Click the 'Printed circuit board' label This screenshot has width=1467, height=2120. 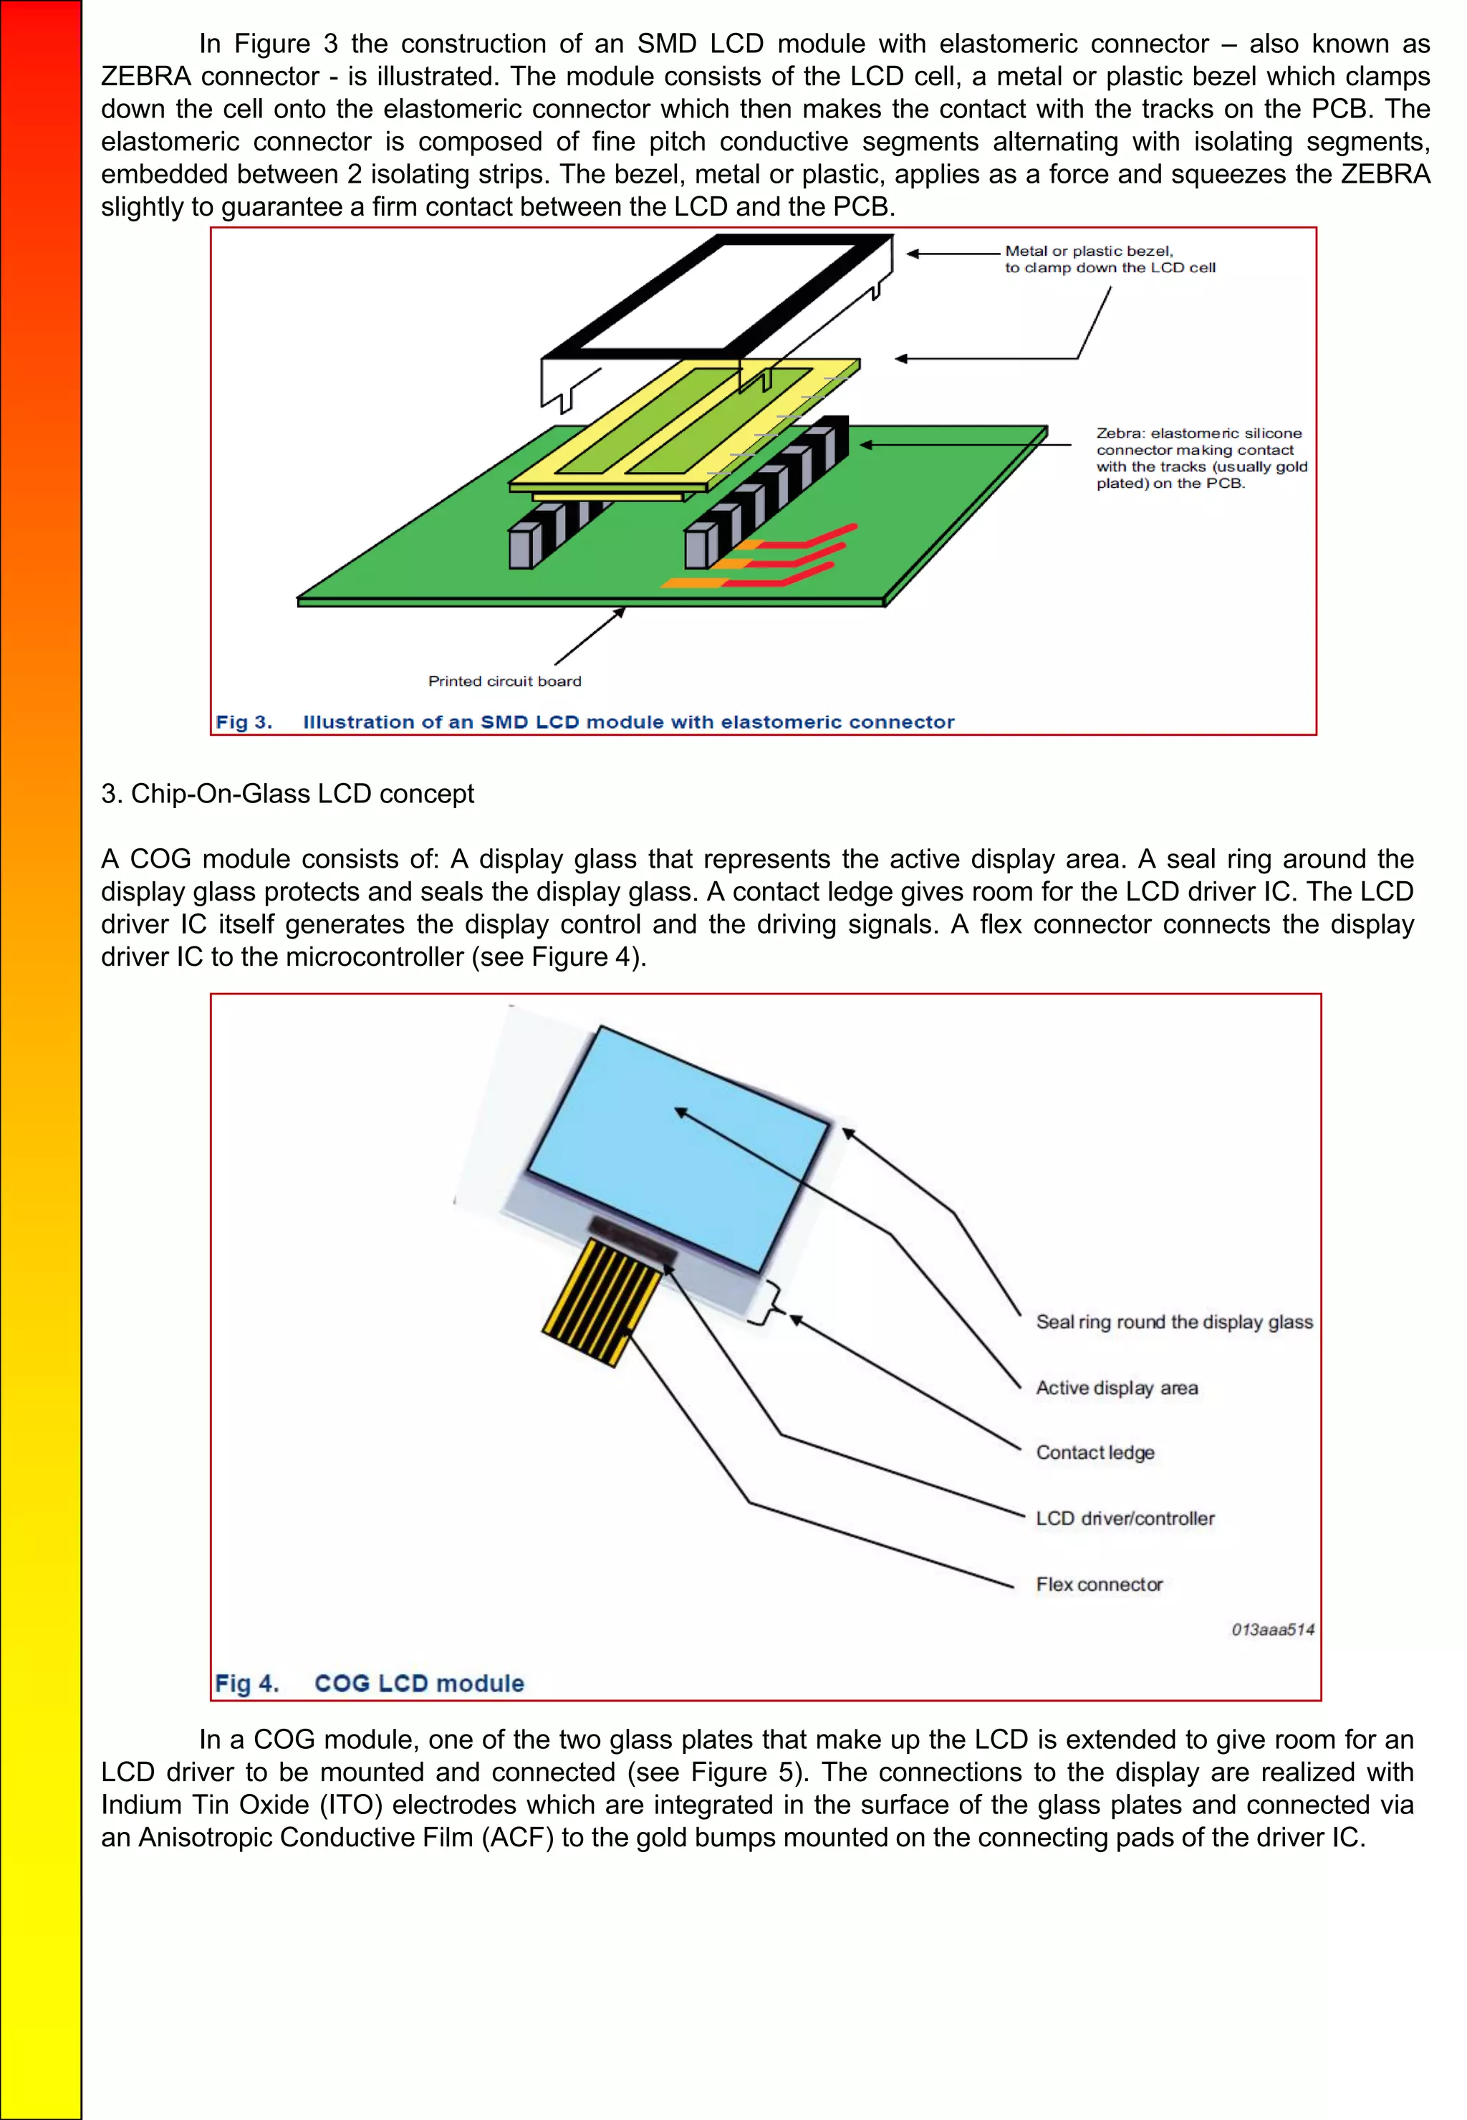(x=504, y=681)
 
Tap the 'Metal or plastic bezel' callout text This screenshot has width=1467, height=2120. (x=1110, y=259)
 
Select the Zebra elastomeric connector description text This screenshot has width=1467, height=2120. (x=1201, y=458)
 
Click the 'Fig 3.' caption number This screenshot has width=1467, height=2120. (x=244, y=721)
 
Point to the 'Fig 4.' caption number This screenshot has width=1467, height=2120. (x=246, y=1683)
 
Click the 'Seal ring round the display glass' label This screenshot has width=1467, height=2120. (x=1174, y=1322)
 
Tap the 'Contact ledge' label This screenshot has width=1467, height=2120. (x=1095, y=1452)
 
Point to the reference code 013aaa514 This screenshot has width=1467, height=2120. (x=1272, y=1630)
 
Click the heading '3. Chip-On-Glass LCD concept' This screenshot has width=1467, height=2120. (x=288, y=793)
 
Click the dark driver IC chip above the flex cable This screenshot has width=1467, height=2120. (x=633, y=1237)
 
